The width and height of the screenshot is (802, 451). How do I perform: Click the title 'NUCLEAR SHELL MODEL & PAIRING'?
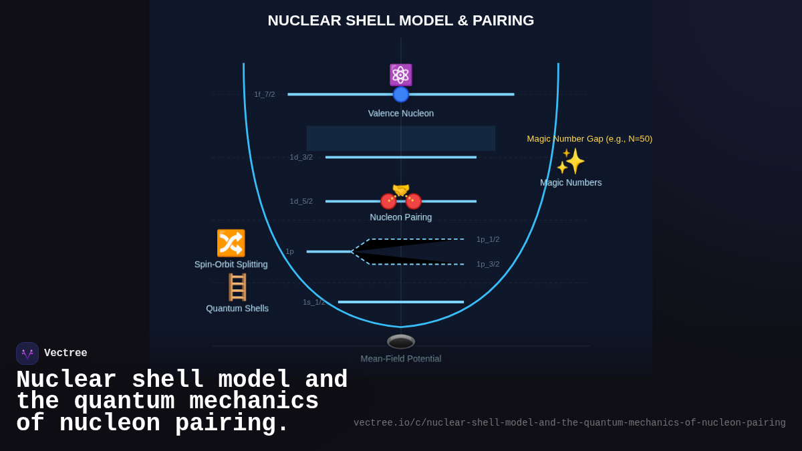click(x=400, y=21)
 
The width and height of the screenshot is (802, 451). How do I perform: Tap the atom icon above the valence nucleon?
click(x=400, y=75)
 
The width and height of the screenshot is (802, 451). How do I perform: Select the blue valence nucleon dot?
click(x=400, y=94)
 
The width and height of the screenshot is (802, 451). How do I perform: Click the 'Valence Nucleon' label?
click(x=400, y=114)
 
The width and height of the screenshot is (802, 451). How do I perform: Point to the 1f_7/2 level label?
click(x=264, y=94)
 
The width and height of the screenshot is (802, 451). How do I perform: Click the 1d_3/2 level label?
click(x=301, y=157)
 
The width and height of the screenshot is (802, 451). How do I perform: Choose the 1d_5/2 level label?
click(x=301, y=201)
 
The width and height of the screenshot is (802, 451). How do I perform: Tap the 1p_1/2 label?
click(x=487, y=239)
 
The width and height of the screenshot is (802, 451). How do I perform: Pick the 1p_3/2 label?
click(x=487, y=264)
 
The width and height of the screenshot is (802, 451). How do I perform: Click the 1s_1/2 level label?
click(x=313, y=302)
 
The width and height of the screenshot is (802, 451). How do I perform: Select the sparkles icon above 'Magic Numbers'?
click(x=571, y=161)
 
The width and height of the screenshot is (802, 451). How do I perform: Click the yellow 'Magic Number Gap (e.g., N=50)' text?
click(x=589, y=139)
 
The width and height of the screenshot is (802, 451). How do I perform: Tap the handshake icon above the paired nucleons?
click(x=400, y=190)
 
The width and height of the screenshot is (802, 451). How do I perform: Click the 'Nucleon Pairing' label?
click(x=400, y=217)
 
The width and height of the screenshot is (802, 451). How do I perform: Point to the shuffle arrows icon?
click(x=231, y=243)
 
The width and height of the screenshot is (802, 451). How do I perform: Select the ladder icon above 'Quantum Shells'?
click(x=237, y=287)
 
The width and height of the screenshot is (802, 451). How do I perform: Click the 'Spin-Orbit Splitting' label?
click(x=231, y=265)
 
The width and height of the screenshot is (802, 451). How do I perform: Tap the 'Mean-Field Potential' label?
click(x=400, y=359)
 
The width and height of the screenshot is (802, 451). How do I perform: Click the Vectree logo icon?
click(x=27, y=353)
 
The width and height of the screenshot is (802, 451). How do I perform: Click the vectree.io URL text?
click(x=569, y=423)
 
